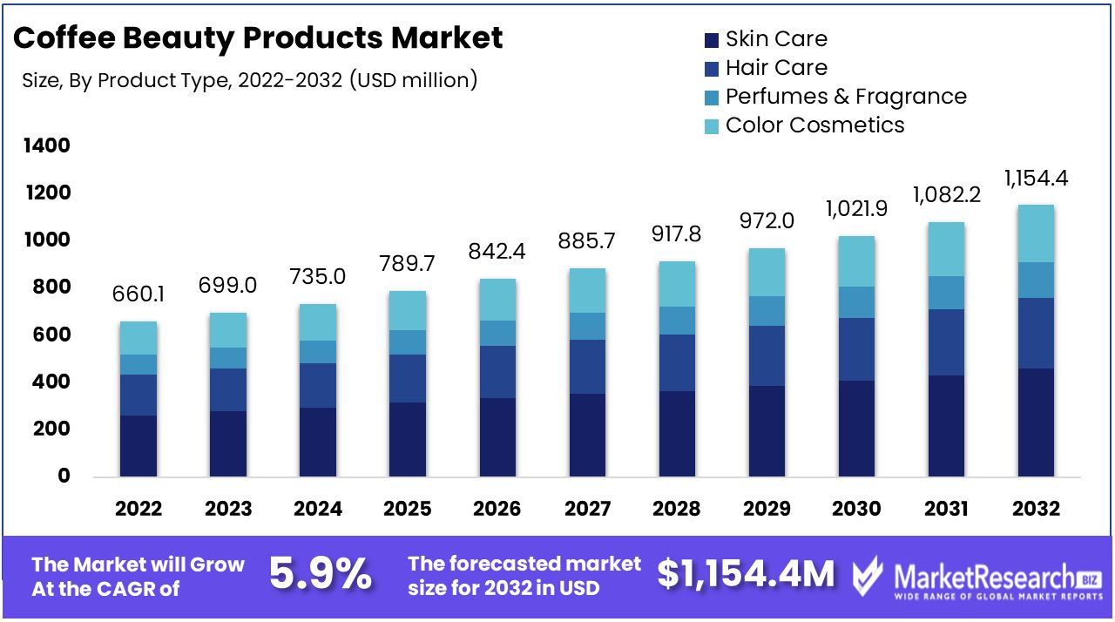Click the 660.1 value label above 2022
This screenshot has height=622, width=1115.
coord(139,295)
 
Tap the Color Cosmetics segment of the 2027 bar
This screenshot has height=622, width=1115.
coord(587,290)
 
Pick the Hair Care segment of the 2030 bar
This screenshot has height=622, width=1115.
coord(856,349)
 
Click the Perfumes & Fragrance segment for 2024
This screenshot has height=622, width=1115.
coord(318,352)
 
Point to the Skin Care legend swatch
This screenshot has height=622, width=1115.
coord(711,39)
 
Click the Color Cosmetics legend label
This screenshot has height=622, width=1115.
coord(814,125)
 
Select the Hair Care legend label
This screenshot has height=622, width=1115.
coord(776,68)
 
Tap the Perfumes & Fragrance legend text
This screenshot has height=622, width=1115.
coord(846,97)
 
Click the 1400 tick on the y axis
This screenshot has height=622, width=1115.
coord(45,145)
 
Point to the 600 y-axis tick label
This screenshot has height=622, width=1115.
coord(51,335)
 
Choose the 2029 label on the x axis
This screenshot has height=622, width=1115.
coord(767,509)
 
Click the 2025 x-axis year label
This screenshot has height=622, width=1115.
coord(408,509)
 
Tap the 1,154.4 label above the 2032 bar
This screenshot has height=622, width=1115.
coord(1036,179)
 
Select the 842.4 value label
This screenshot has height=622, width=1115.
coord(498,253)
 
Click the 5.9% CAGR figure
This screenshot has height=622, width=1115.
coord(320,575)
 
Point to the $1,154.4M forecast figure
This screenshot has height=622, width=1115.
coord(746,574)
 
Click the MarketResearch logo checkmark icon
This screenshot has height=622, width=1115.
coord(868,577)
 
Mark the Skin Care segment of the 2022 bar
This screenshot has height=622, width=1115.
coord(139,446)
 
